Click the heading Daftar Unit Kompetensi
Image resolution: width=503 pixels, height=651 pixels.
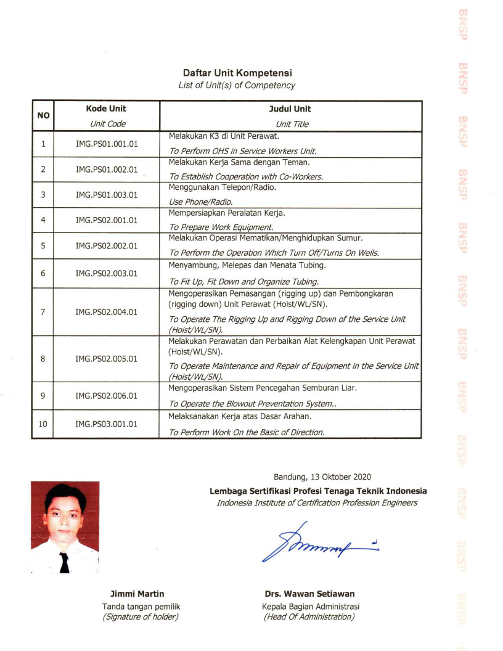tap(237, 73)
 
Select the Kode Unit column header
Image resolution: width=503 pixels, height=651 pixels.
tap(107, 109)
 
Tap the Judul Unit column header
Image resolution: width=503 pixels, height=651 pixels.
tap(293, 109)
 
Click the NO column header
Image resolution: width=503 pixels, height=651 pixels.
tap(43, 116)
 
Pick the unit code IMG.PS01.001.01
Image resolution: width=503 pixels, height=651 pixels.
tap(107, 144)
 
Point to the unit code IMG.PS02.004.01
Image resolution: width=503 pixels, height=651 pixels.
tap(107, 312)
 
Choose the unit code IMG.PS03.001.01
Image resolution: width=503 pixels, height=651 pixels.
tap(107, 424)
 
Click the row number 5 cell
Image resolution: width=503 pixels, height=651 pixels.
tap(43, 245)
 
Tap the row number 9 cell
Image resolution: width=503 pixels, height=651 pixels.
tap(43, 396)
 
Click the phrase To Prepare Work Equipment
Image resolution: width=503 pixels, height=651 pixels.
tap(213, 227)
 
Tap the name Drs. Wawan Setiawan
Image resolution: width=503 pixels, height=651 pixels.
tap(309, 594)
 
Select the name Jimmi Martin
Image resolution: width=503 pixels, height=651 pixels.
tap(137, 594)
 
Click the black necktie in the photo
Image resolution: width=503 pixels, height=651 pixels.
tap(64, 562)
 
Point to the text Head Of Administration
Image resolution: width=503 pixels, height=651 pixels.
tap(309, 616)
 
